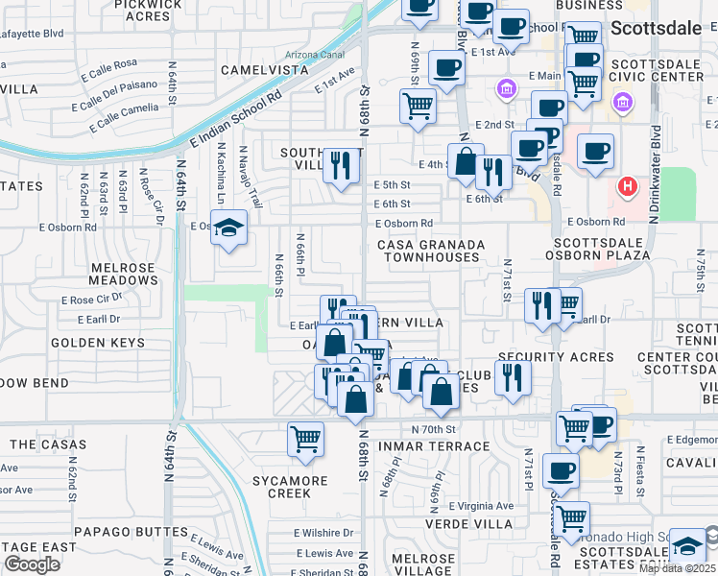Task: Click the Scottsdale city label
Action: (x=662, y=29)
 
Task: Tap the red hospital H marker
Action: (x=628, y=185)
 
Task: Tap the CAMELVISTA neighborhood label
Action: (x=265, y=70)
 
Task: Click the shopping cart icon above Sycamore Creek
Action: (x=305, y=440)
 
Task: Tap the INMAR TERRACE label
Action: (x=435, y=446)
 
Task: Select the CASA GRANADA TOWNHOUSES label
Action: (x=428, y=252)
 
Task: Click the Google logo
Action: (x=32, y=564)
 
